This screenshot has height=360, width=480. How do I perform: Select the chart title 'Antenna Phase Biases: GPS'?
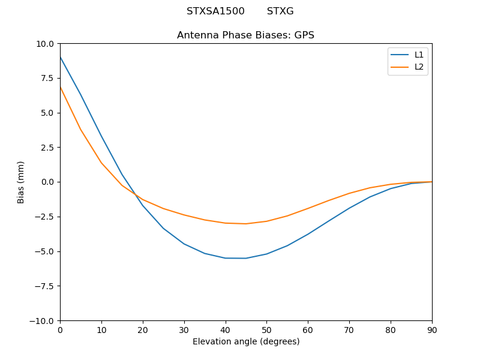coord(245,35)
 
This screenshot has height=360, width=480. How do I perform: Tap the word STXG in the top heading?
coord(280,11)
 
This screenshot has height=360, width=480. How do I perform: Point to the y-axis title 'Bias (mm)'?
coord(21,182)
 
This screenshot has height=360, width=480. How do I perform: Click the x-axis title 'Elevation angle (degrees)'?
coord(246,342)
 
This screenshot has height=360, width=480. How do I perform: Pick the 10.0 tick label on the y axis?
coord(45,44)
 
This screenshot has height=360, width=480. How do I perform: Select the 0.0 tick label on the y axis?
coord(47,182)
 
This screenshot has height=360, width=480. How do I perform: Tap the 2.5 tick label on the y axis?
coord(47,148)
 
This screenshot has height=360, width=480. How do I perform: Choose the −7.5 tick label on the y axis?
coord(44,286)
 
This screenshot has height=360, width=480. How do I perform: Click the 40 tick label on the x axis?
coord(225,329)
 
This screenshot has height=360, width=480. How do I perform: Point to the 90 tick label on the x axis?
coord(432,329)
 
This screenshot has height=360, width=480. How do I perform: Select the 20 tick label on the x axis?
coord(143,329)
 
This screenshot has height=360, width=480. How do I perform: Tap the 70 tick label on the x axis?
coord(349,329)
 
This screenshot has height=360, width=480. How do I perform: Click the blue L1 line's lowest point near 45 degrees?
coord(246,258)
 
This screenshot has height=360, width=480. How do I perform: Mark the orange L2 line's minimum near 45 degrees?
coord(246,224)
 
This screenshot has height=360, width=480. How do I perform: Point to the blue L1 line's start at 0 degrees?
coord(60,57)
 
